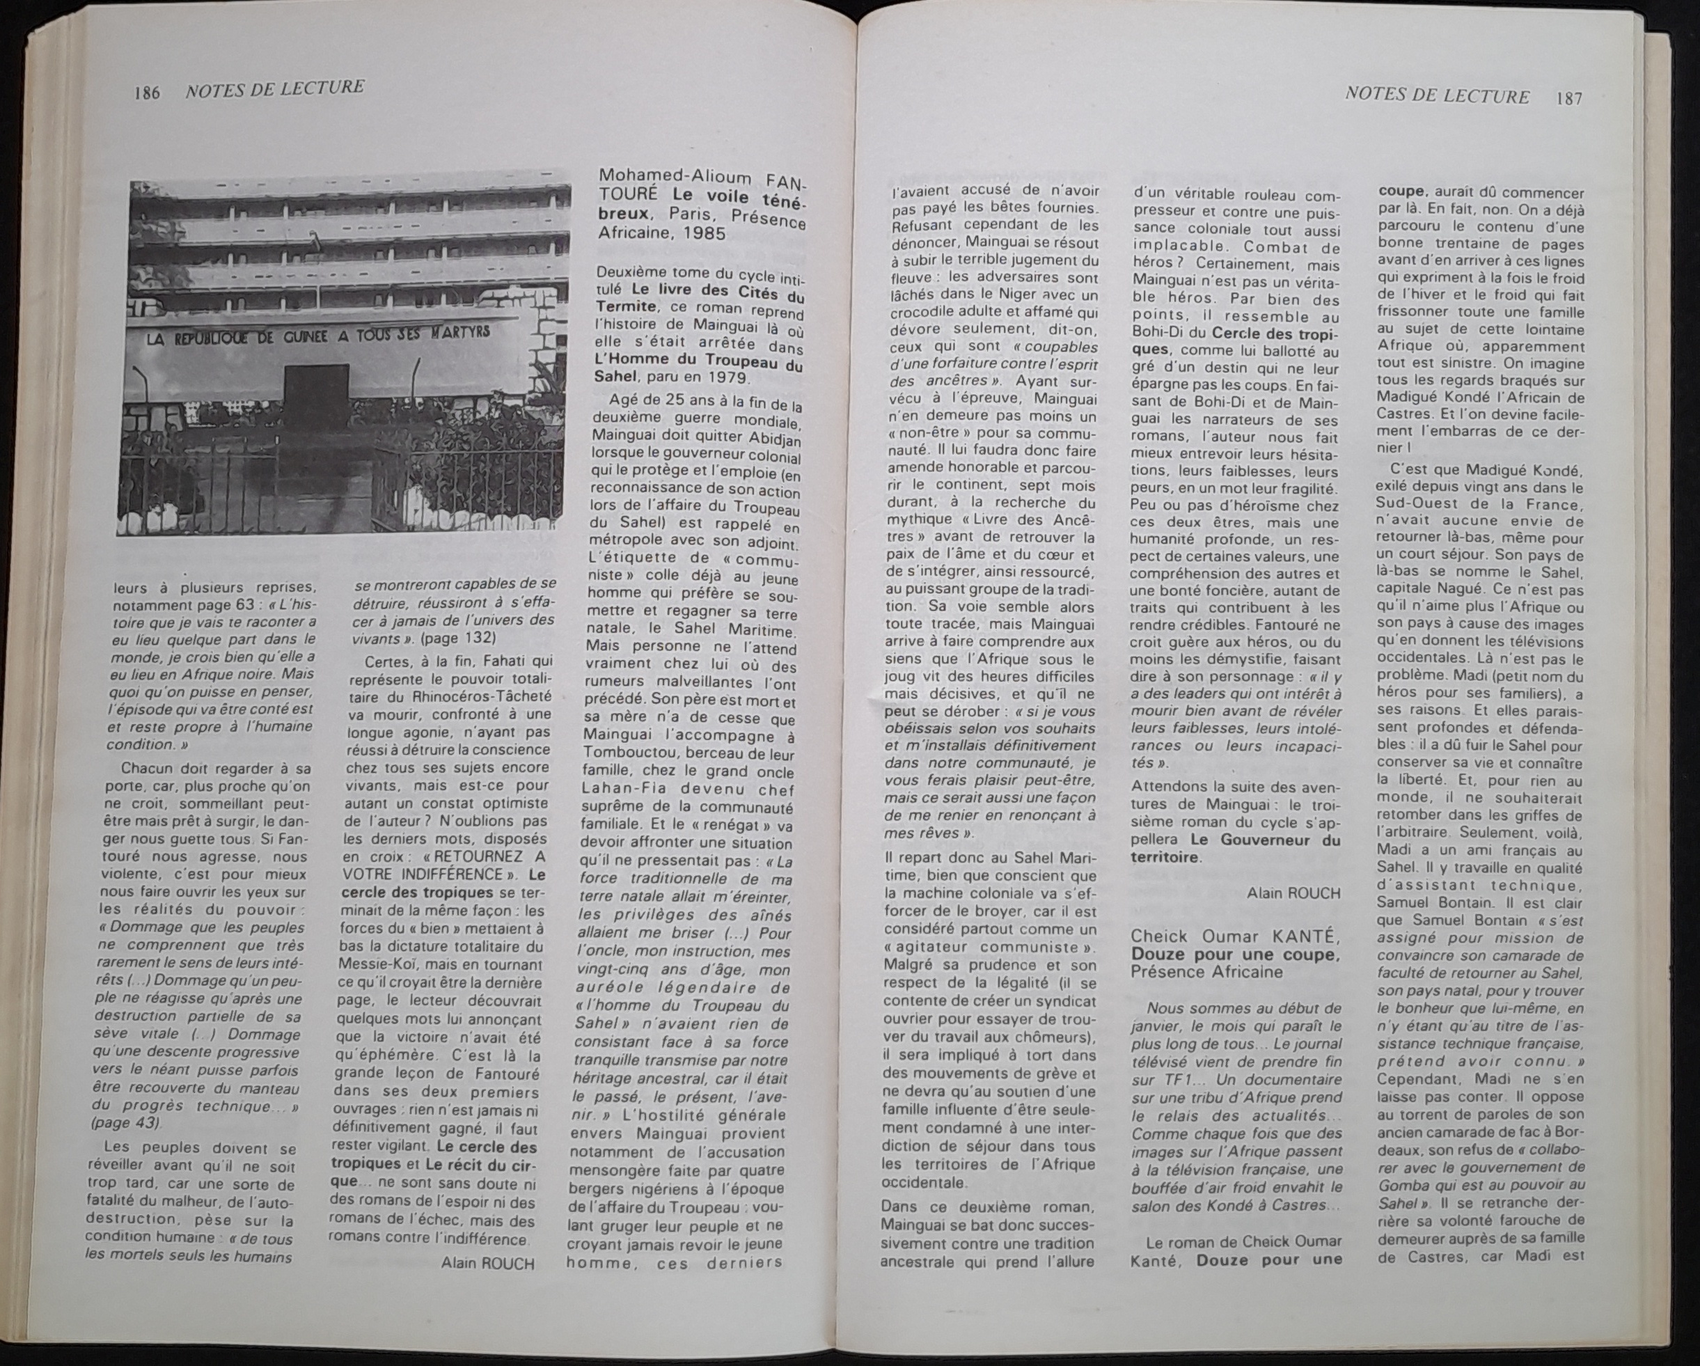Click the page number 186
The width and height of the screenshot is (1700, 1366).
pos(147,93)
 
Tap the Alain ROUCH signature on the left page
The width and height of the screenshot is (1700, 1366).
pos(488,1264)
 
